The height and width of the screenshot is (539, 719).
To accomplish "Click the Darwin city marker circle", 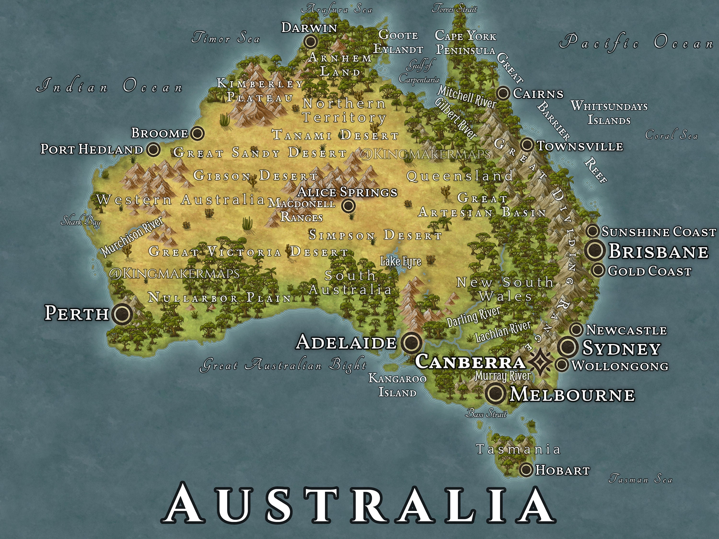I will pos(311,41).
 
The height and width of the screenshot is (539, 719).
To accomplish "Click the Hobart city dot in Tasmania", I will pos(526,470).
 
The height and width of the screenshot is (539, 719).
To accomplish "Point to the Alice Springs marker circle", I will pos(348,206).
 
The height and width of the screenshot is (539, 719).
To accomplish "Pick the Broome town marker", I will pos(197,133).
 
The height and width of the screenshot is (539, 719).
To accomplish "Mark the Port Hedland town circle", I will pos(153,150).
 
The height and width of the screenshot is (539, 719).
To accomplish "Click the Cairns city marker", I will pos(503,93).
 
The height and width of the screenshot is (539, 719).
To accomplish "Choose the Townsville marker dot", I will pos(527,145).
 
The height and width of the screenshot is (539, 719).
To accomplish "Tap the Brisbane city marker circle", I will pos(595,251).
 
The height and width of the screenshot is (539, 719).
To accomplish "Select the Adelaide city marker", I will pos(412,342).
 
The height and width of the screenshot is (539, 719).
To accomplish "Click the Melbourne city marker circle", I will pos(496,394).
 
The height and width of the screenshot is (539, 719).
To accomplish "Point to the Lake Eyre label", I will pos(400,261).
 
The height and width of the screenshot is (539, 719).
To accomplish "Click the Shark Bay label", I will pos(81,222).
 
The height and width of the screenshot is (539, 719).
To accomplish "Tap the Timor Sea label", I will pos(226,38).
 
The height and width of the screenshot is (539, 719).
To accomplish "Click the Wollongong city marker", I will pos(561,365).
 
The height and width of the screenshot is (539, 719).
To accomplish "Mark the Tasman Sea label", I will pos(640,479).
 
